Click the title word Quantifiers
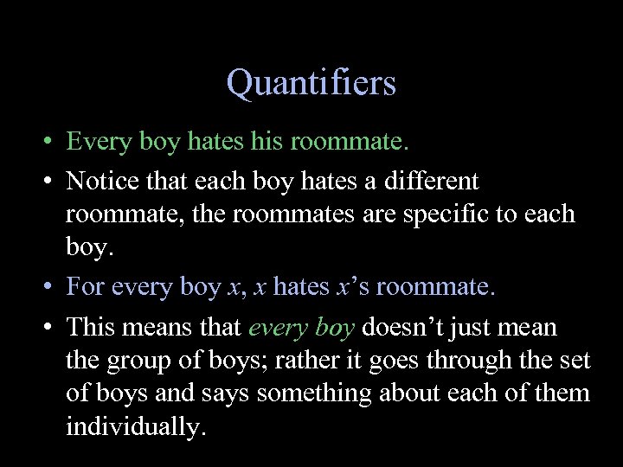pyautogui.click(x=311, y=83)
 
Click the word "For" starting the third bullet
pyautogui.click(x=85, y=286)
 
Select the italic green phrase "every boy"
pyautogui.click(x=302, y=329)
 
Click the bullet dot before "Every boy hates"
pyautogui.click(x=42, y=141)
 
